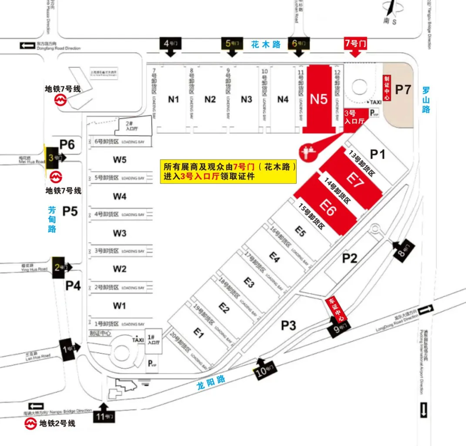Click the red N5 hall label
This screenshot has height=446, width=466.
318,100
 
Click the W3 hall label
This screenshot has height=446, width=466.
120,233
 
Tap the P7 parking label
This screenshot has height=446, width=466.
402,90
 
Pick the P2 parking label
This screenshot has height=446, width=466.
349,259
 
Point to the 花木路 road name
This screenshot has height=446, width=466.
266,44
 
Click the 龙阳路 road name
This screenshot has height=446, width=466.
211,382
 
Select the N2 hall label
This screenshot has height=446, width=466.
210,100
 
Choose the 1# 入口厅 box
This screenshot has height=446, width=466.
154,339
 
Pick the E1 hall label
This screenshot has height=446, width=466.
199,333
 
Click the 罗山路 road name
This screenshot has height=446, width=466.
426,100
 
